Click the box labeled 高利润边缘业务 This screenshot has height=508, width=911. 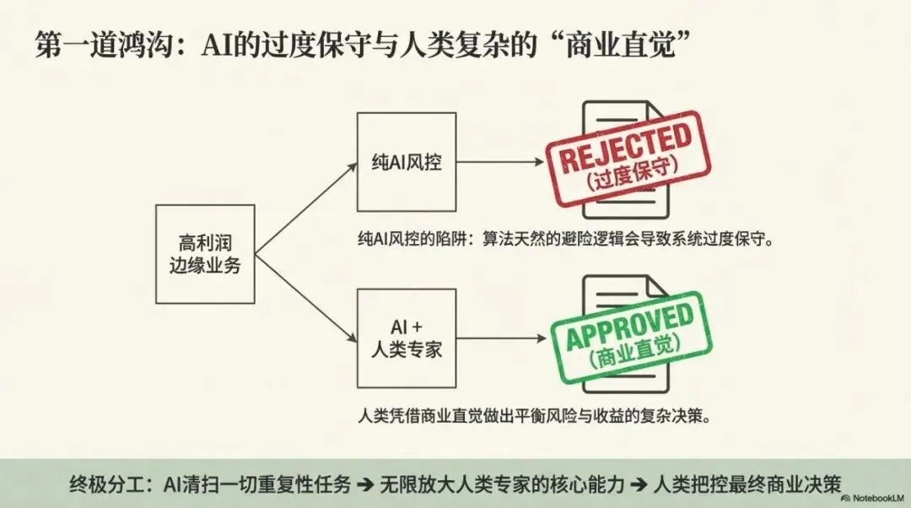(x=205, y=254)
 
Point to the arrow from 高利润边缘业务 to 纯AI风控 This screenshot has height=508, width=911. (x=305, y=208)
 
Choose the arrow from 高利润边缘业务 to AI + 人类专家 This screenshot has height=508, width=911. (x=305, y=296)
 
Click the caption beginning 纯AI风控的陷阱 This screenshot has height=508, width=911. (x=565, y=238)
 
